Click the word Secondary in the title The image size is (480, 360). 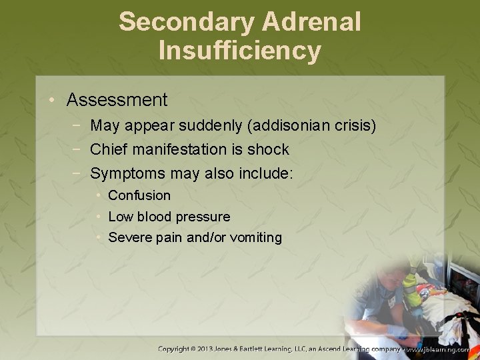pyautogui.click(x=186, y=21)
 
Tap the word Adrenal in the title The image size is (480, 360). pyautogui.click(x=311, y=21)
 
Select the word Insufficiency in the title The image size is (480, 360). pyautogui.click(x=240, y=51)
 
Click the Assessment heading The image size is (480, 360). pyautogui.click(x=117, y=100)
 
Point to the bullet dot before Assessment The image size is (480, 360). pyautogui.click(x=52, y=101)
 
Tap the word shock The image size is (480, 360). pyautogui.click(x=268, y=149)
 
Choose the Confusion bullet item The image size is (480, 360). pyautogui.click(x=139, y=195)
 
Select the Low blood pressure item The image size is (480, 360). pyautogui.click(x=169, y=217)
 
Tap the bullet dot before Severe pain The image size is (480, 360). pyautogui.click(x=98, y=237)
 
